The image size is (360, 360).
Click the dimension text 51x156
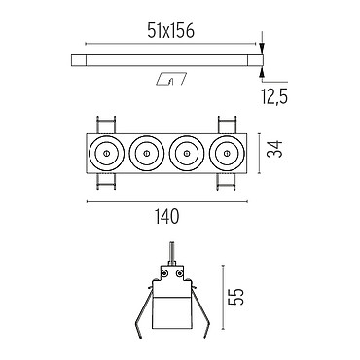tap(170, 31)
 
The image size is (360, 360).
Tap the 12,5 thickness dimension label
tap(274, 96)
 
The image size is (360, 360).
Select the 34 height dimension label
tap(274, 149)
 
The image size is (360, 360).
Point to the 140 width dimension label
tap(166, 216)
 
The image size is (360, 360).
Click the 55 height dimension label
tap(235, 296)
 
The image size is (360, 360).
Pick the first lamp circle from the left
tap(106, 153)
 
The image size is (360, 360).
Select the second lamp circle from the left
tap(146, 153)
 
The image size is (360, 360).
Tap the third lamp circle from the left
tap(187, 153)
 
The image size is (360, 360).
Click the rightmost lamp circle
tap(227, 153)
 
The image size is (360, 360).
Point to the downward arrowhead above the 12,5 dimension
tap(262, 49)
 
